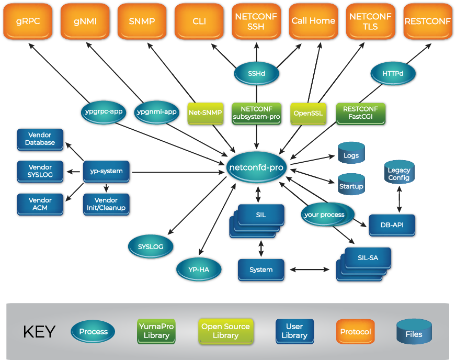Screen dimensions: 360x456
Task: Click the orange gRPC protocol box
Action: (x=28, y=21)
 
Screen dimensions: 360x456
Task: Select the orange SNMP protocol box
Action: (x=142, y=21)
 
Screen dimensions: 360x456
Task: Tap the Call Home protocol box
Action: (x=313, y=21)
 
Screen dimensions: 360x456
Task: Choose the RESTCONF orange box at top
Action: (x=427, y=21)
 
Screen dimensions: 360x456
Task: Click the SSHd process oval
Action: (x=256, y=74)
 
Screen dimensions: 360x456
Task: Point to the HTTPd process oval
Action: (x=393, y=74)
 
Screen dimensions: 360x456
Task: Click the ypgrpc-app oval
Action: (x=104, y=111)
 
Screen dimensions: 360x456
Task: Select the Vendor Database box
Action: (x=40, y=139)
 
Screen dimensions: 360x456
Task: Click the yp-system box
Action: (x=106, y=171)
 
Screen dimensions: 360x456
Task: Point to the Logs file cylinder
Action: (x=351, y=155)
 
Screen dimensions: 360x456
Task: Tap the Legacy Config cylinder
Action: (x=399, y=174)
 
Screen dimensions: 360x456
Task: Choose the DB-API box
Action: (x=392, y=225)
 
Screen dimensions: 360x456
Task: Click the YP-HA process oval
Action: (x=199, y=269)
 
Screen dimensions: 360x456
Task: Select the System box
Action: (x=261, y=269)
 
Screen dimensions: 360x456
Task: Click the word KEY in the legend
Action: (x=39, y=332)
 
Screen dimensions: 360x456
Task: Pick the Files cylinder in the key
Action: (x=414, y=333)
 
